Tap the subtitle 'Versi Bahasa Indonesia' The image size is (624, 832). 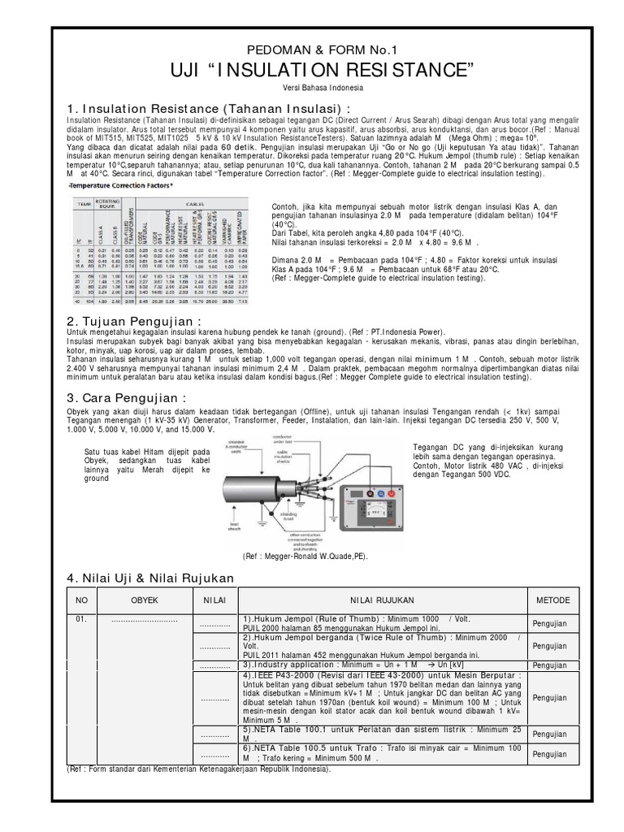[313, 88]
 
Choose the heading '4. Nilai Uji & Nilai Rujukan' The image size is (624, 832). [149, 578]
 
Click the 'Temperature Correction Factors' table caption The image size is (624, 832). [119, 185]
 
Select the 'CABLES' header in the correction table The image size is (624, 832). [208, 205]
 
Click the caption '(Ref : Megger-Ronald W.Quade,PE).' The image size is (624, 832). [305, 556]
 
